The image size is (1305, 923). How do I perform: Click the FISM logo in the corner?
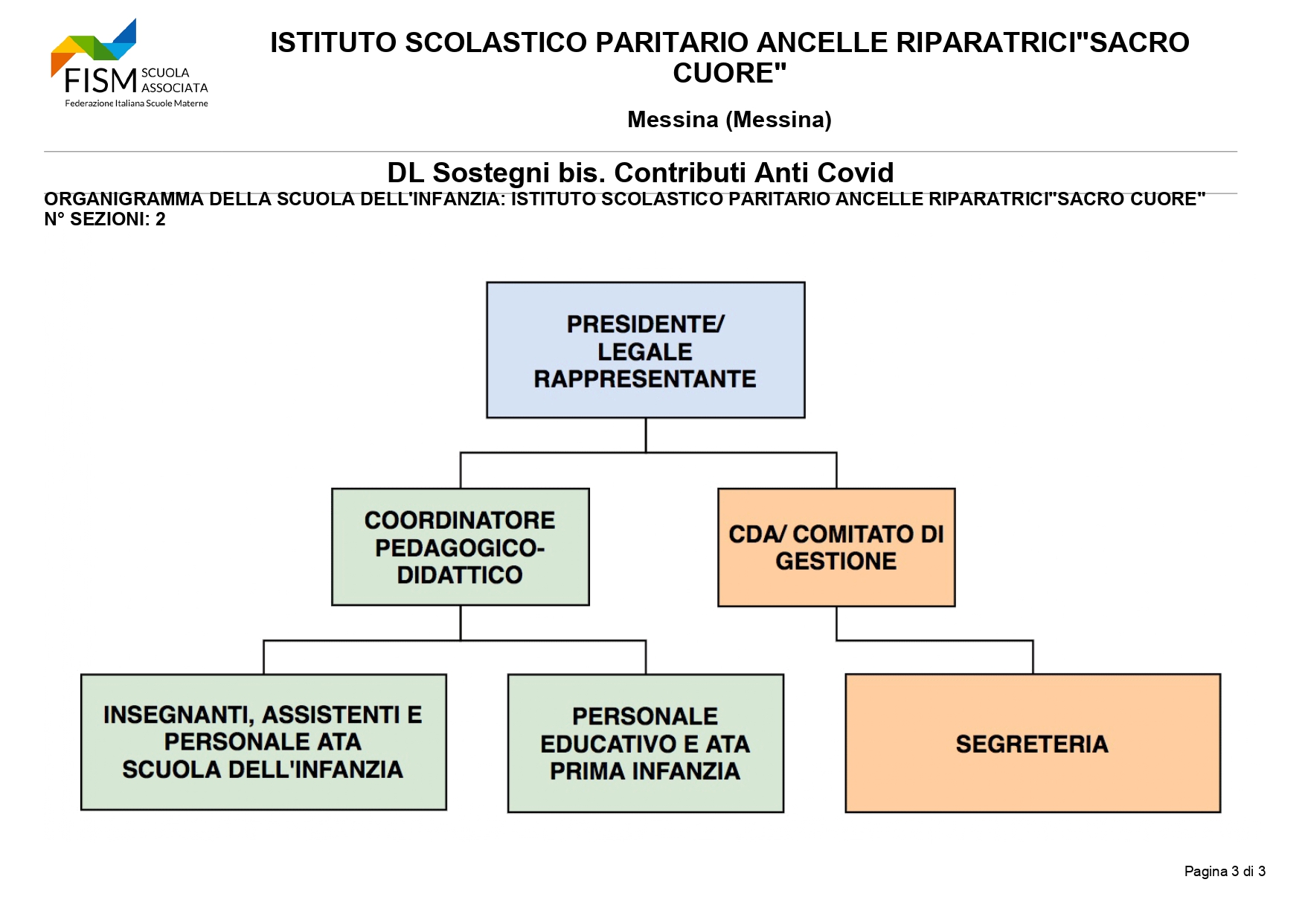coord(129,63)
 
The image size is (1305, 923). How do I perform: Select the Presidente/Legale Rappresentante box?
coord(646,350)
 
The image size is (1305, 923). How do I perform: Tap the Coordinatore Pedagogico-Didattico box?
coord(461,547)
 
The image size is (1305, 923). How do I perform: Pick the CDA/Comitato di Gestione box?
coord(836,547)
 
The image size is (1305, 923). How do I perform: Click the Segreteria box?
coord(1033,743)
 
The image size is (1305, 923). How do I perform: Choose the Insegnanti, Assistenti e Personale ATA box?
coord(263,742)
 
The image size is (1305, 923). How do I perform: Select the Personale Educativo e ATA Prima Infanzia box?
coord(646,743)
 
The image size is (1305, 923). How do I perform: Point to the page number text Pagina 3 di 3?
coord(1225,871)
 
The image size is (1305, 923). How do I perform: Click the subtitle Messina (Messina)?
coord(729,119)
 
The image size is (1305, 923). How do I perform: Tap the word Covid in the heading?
coord(856,173)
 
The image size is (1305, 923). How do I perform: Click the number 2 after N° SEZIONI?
coord(161,219)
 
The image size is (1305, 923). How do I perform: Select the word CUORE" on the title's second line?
coord(730,73)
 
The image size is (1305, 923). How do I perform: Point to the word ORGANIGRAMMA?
coord(124,199)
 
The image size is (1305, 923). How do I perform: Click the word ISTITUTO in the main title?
coord(333,42)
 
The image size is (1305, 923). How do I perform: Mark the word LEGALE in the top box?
coord(645,352)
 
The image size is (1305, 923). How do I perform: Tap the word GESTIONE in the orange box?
coord(836,561)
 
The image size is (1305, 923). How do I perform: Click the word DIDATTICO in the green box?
coord(460,575)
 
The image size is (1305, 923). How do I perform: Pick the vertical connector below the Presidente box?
coord(646,435)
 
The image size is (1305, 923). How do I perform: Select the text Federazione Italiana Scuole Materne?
coord(136,103)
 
